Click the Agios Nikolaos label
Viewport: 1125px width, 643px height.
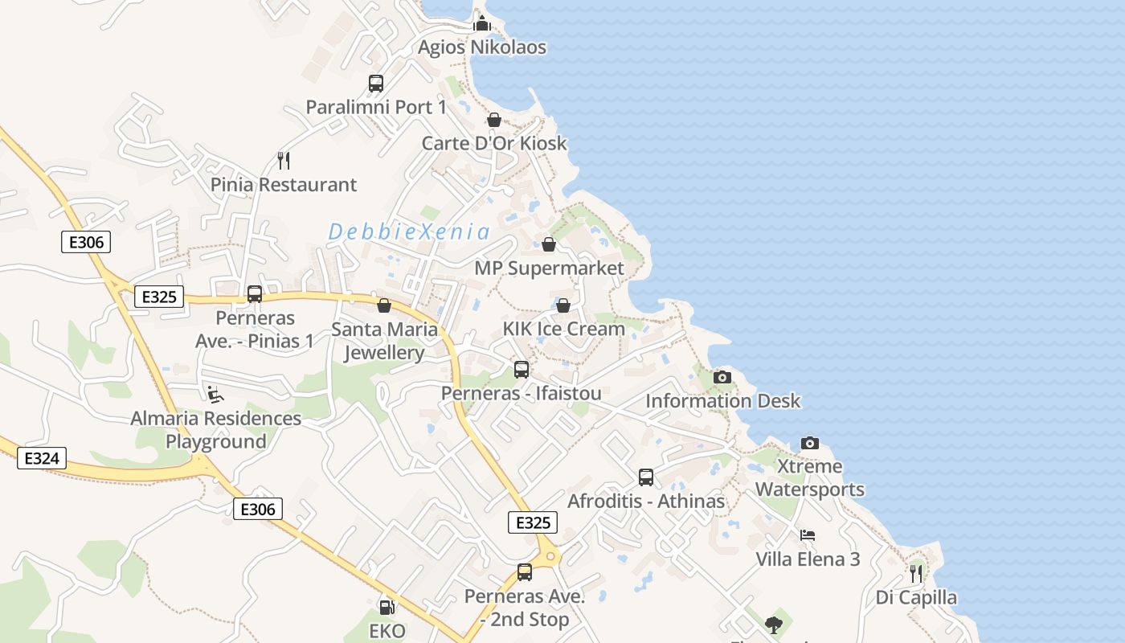pos(481,47)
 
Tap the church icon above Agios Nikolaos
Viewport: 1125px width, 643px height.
pos(481,23)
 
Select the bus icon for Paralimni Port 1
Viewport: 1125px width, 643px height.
pos(375,83)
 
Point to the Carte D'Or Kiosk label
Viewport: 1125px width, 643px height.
pos(494,144)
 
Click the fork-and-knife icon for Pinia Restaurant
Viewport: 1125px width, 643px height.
pos(283,161)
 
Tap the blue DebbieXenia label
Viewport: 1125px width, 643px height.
pos(409,232)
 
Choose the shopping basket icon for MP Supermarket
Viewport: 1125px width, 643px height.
pos(549,244)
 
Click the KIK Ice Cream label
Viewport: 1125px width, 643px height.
pos(563,329)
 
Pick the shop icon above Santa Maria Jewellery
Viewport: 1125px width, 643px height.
pos(384,305)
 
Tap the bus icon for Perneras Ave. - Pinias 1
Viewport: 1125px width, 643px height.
pos(255,294)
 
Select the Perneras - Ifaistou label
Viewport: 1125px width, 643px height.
pos(521,394)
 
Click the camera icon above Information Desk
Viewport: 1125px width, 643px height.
pos(722,377)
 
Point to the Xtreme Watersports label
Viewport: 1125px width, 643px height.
pos(810,477)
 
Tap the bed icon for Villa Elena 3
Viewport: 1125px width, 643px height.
pos(808,534)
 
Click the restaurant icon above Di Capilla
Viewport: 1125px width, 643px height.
pos(916,573)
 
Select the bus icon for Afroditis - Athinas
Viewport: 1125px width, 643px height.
pos(646,477)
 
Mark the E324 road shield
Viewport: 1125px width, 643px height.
pos(42,459)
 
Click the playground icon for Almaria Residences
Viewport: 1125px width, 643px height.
pos(215,394)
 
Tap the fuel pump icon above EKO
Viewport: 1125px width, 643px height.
pos(387,608)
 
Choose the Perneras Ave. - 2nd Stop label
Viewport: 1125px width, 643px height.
pos(525,608)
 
